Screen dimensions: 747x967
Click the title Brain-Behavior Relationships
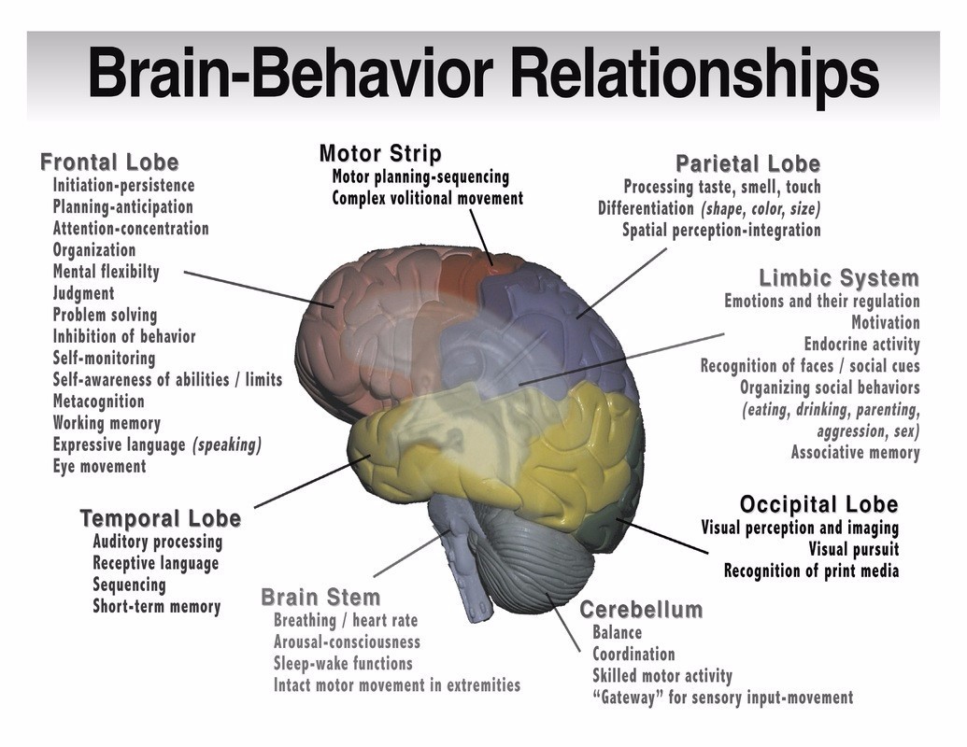(483, 75)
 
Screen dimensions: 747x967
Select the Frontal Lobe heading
(109, 162)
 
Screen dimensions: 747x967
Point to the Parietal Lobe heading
(747, 163)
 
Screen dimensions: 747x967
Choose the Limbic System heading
(838, 278)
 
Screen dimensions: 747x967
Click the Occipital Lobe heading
(818, 505)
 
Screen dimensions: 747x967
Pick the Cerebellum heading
(641, 610)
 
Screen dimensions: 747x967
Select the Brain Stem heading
(320, 598)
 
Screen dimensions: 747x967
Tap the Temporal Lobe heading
(160, 518)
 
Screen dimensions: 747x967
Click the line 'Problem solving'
(105, 315)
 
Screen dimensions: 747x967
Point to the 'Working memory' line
(107, 423)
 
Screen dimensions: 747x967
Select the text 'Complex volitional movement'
(427, 199)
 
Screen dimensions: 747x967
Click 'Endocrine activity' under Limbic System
(861, 345)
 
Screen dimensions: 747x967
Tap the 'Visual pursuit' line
(853, 549)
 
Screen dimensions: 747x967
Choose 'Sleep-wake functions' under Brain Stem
(343, 663)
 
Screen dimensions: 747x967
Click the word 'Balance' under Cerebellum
(617, 632)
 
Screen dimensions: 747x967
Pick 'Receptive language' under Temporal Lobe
(155, 563)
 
